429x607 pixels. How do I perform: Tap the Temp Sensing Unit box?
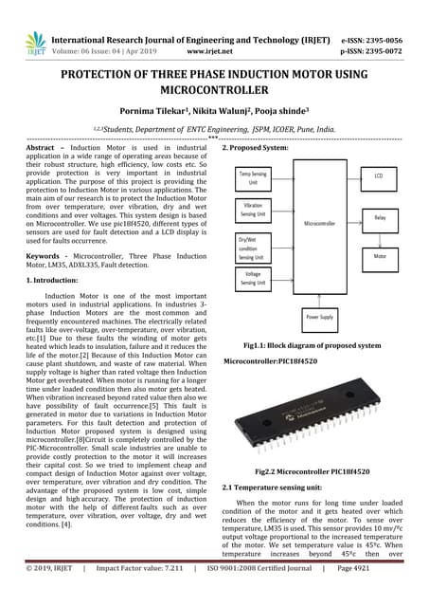(253, 176)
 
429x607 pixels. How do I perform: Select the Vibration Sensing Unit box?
(253, 210)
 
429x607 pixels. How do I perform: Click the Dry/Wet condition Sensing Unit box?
(253, 248)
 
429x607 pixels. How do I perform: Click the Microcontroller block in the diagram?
(322, 223)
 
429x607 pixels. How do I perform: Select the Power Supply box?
(321, 318)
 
